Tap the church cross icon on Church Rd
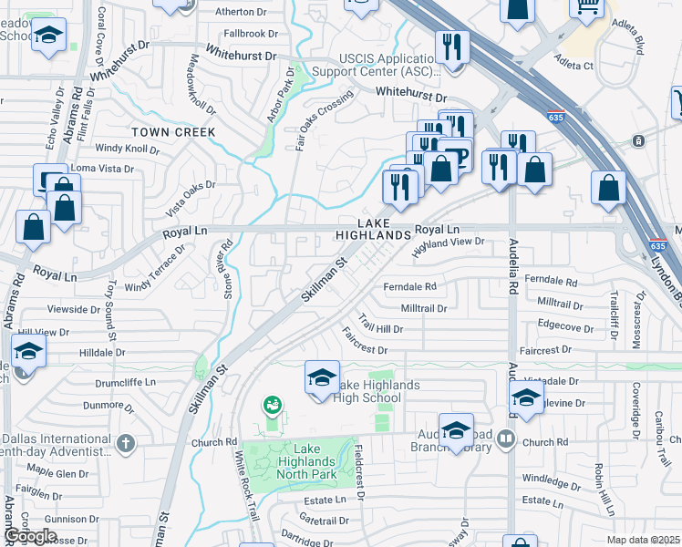click(x=126, y=443)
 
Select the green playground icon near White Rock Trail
click(x=271, y=404)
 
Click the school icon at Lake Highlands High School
click(x=322, y=377)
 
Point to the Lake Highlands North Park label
click(x=315, y=460)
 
